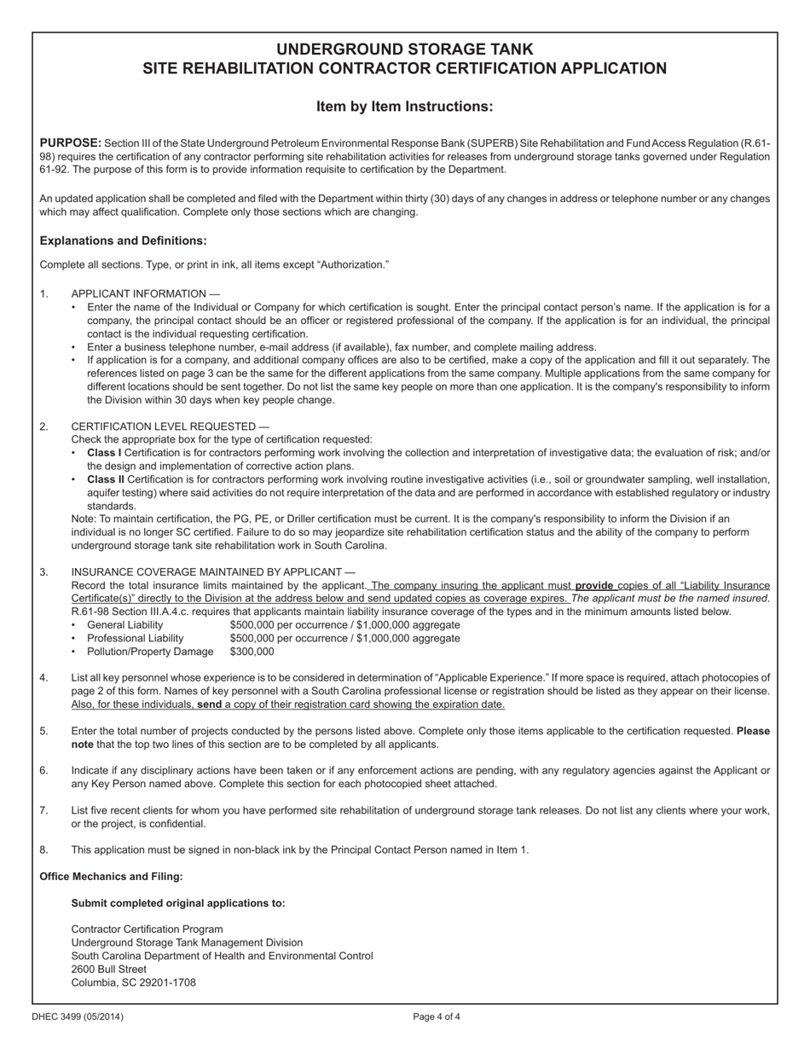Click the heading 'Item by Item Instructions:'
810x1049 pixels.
point(404,107)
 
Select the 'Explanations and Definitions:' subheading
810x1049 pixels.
point(123,241)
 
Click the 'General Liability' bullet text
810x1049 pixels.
point(124,625)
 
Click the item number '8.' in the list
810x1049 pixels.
point(45,849)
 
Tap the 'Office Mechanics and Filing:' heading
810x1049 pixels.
point(111,876)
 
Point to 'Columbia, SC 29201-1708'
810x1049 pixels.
point(133,982)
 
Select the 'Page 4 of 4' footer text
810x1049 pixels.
point(437,1017)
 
